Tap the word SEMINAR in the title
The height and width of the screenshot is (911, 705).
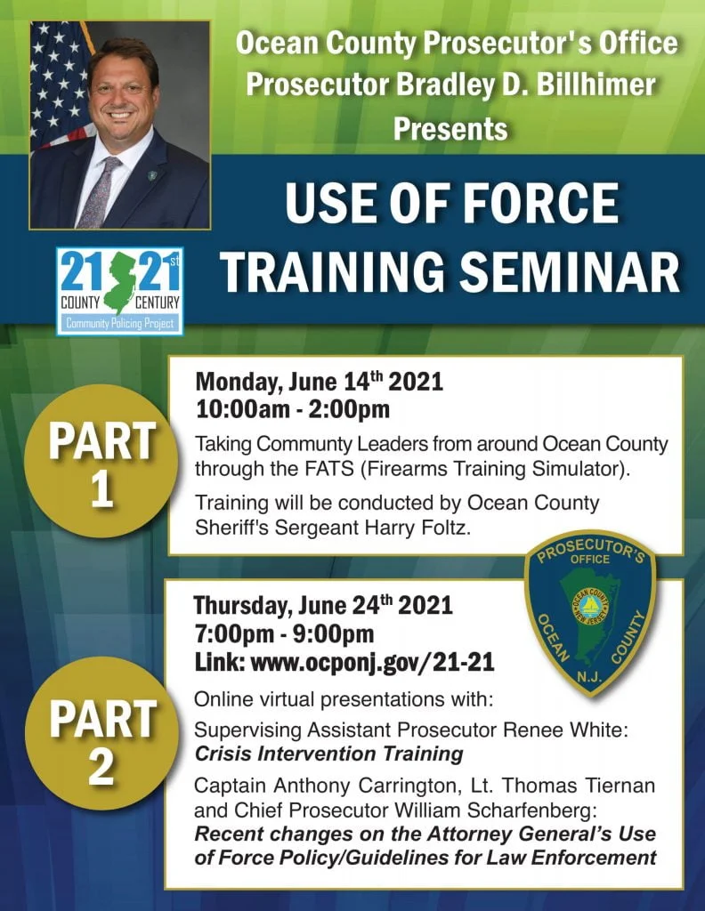point(571,272)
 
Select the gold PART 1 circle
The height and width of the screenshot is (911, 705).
point(101,463)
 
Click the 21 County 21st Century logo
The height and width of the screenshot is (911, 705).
point(120,291)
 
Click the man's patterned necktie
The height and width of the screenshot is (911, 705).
point(100,192)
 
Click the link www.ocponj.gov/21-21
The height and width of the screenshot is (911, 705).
point(373,662)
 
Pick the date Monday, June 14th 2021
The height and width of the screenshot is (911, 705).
point(319,382)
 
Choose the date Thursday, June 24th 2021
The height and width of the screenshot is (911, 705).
point(323,605)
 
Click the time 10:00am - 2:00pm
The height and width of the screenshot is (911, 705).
point(292,409)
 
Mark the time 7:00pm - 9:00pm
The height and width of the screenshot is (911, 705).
point(285,633)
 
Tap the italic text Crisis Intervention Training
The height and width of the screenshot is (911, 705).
point(329,754)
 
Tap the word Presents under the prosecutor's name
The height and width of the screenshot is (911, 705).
point(450,128)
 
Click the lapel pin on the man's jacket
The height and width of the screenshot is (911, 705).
point(153,175)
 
